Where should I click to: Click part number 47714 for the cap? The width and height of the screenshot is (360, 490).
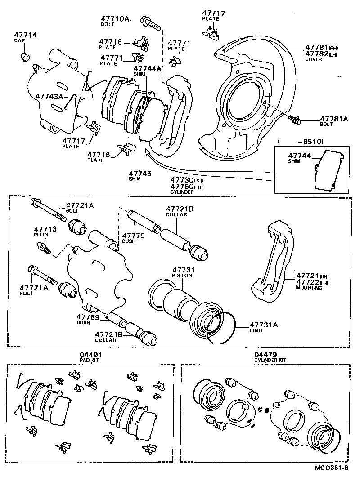(x=26, y=35)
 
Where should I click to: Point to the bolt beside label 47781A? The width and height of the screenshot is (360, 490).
(x=295, y=120)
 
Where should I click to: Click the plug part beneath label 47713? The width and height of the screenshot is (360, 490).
(x=44, y=247)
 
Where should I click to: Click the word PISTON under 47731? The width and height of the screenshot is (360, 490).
(x=182, y=276)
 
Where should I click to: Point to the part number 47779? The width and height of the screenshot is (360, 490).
(x=133, y=235)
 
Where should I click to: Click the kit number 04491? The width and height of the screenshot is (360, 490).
(x=89, y=355)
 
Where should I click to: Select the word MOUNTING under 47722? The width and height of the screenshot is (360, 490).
(x=309, y=287)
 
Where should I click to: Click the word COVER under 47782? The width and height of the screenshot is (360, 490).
(x=313, y=59)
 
